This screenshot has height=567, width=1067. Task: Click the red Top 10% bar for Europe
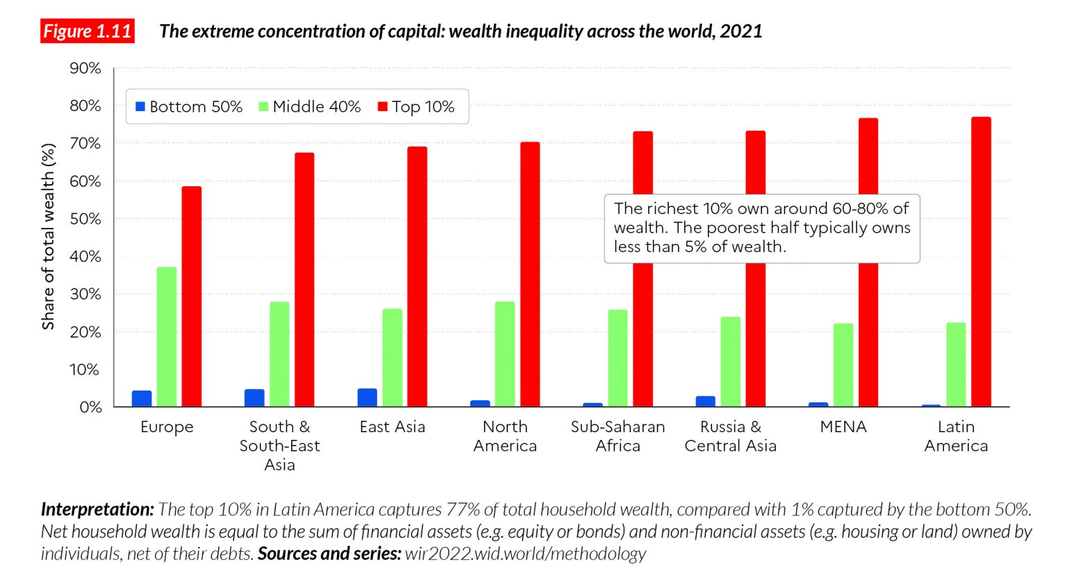point(192,297)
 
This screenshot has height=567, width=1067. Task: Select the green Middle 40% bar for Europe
point(167,337)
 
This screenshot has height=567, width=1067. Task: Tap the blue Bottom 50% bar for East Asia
point(367,397)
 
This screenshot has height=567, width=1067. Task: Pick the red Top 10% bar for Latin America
point(981,262)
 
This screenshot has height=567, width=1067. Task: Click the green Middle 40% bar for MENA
point(843,365)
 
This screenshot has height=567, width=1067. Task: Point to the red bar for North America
point(530,274)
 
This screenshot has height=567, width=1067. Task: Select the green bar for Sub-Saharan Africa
point(618,358)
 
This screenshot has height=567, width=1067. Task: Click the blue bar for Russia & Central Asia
point(706,401)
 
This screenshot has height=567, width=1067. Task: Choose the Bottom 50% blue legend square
point(140,107)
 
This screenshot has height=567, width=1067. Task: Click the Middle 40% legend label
point(317,107)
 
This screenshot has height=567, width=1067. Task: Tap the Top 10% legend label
point(423,107)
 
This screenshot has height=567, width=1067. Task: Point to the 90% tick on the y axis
point(85,68)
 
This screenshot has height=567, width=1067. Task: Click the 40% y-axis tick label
point(85,256)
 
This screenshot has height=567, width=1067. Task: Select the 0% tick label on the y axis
point(90,407)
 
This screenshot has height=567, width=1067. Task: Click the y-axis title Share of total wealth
point(48,237)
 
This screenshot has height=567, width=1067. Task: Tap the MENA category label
point(843,427)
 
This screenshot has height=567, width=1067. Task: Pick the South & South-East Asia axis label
point(280,445)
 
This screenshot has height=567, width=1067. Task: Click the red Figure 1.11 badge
point(88,31)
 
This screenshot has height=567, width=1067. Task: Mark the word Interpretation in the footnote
point(97,509)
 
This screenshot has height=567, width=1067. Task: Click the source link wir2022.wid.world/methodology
point(525,554)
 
